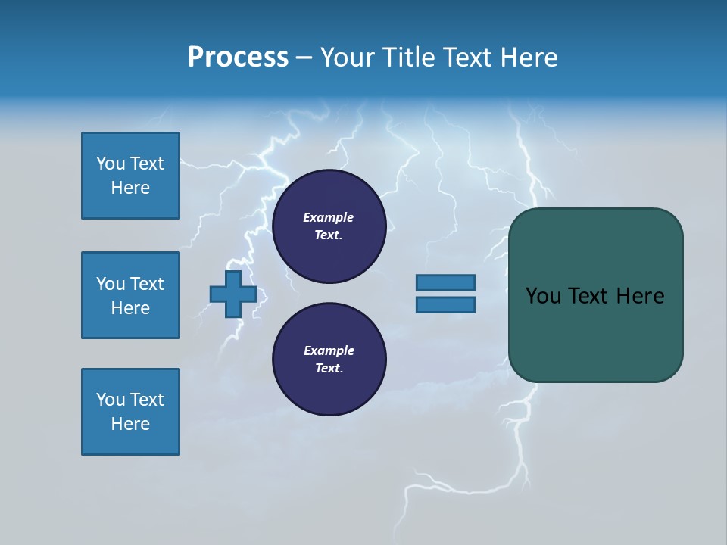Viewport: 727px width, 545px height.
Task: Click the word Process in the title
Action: coord(238,58)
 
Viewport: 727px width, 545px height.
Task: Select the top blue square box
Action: coord(130,176)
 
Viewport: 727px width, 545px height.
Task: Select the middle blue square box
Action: coord(130,295)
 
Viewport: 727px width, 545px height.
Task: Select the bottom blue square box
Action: coord(130,412)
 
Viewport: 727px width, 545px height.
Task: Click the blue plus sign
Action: coord(233,294)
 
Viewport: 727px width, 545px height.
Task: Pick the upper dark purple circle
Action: coord(329,226)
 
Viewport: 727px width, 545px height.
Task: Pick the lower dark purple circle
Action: coord(329,360)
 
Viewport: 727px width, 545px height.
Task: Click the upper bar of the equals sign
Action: coord(445,282)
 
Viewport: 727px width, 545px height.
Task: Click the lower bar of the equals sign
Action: coord(445,304)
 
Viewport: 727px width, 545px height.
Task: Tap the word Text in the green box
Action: coord(588,296)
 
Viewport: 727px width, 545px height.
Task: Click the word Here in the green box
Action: coord(640,296)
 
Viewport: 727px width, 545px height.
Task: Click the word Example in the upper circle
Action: coord(329,217)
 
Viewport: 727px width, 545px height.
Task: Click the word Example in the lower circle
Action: coord(329,350)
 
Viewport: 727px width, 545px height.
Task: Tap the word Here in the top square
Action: coord(130,188)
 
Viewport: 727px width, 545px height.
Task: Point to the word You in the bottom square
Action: coord(111,400)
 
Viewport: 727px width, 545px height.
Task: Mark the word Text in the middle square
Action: coord(147,284)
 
